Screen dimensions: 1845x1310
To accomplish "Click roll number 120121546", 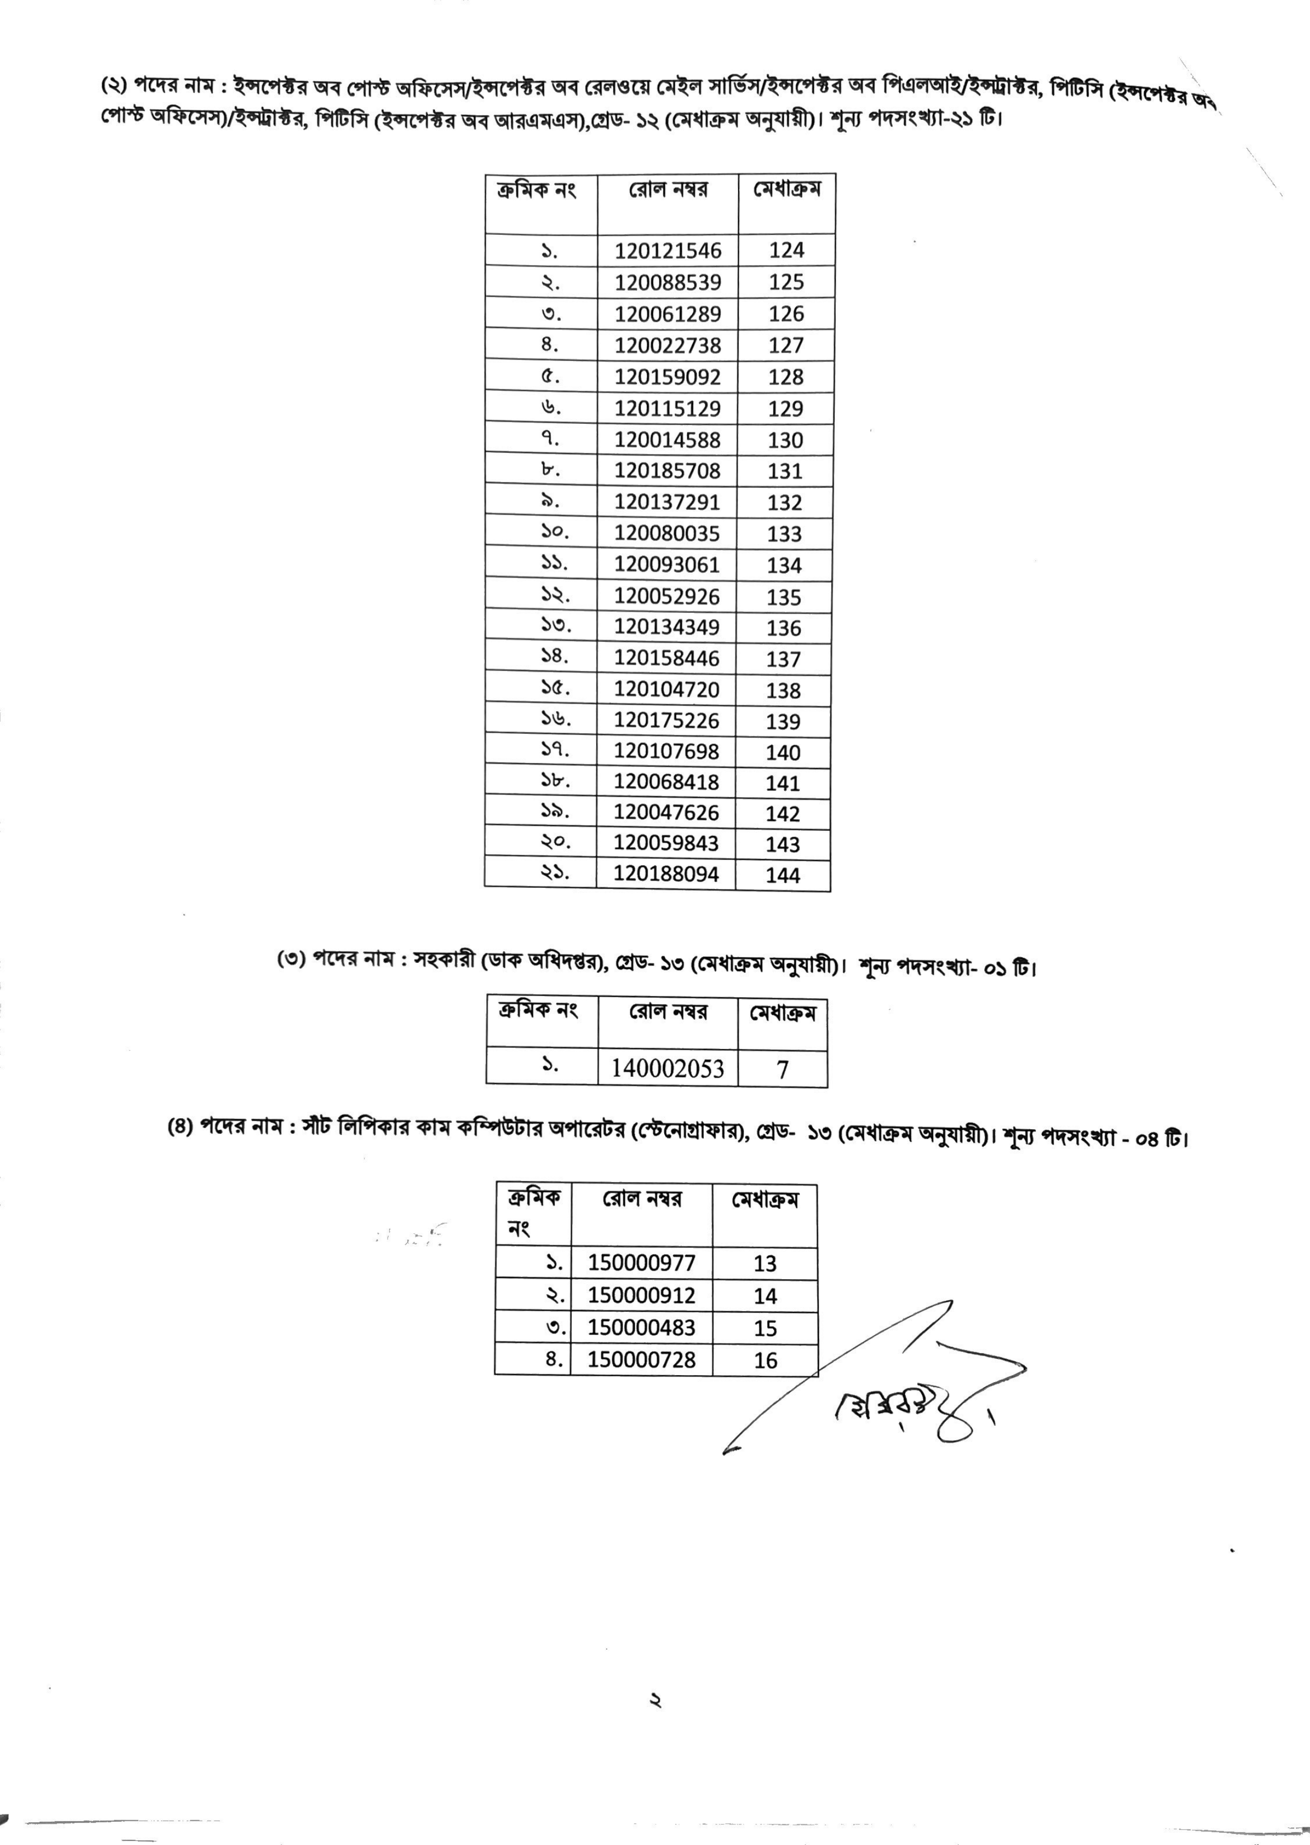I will click(668, 251).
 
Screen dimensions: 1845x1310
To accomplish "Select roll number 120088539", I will click(668, 282).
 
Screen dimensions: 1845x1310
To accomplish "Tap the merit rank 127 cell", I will click(786, 345).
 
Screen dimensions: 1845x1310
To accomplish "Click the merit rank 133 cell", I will click(785, 534).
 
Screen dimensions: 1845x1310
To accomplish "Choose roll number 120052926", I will click(666, 597).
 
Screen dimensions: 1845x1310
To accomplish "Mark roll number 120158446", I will click(666, 659).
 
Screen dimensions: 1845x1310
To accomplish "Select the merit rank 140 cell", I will click(783, 752).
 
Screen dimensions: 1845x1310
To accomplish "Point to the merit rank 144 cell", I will click(783, 875).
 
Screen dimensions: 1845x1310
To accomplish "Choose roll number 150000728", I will click(642, 1359).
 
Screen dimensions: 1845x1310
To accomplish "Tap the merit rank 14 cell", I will click(765, 1296).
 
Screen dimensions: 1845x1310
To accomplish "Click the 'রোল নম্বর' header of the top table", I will click(668, 190).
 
